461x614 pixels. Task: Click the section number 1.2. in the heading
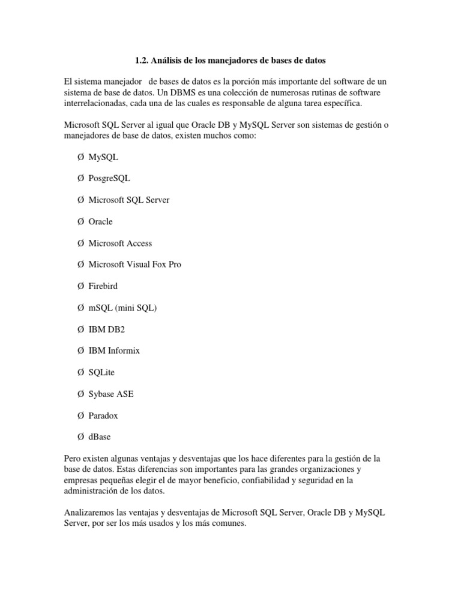pos(140,61)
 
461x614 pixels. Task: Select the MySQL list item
pos(103,157)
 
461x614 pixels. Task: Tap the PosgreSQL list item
pos(109,179)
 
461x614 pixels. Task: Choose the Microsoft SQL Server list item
pos(128,200)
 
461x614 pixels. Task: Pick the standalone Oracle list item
pos(100,221)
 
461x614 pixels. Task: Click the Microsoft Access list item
pos(120,243)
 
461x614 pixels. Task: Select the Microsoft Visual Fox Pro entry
pos(134,264)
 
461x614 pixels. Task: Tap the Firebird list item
pos(103,286)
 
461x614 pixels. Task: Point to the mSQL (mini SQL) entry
pos(122,308)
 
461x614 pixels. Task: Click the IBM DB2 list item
pos(107,329)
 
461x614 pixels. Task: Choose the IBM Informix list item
pos(114,350)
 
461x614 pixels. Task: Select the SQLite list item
pos(101,372)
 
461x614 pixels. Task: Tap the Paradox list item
pos(103,416)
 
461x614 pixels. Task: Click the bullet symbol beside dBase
pos(80,437)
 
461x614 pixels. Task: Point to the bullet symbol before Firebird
pos(80,286)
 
